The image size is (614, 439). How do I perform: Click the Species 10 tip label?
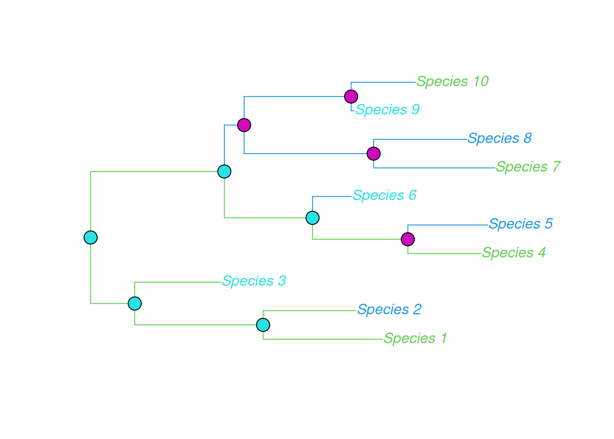pos(452,82)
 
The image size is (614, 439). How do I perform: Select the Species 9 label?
pos(387,110)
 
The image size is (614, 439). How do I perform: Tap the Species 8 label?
pos(499,139)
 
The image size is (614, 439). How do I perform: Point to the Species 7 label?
pos(528,167)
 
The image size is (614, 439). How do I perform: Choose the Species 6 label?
pos(384,196)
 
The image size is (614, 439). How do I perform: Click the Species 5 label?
pos(520,224)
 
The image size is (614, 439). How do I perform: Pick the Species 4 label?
pos(513,253)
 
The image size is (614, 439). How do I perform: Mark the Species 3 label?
pos(254,281)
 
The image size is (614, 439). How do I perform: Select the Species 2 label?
pos(389,310)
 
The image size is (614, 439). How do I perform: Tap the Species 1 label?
pos(415,339)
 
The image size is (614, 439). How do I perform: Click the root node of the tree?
pos(91,238)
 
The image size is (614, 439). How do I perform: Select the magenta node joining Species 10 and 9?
pos(351,96)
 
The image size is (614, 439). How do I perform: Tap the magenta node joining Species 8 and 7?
pos(374,154)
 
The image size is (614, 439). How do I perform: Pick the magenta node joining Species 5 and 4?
pos(408,239)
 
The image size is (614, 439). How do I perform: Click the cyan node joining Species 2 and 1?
pos(263,325)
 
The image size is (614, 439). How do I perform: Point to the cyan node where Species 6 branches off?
pos(312,218)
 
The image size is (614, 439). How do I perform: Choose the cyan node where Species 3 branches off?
pos(135,303)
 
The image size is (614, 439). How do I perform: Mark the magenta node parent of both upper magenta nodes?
pos(244,125)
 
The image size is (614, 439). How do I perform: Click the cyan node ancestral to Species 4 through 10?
pos(224,171)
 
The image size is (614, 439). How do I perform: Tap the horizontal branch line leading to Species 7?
pos(434,168)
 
